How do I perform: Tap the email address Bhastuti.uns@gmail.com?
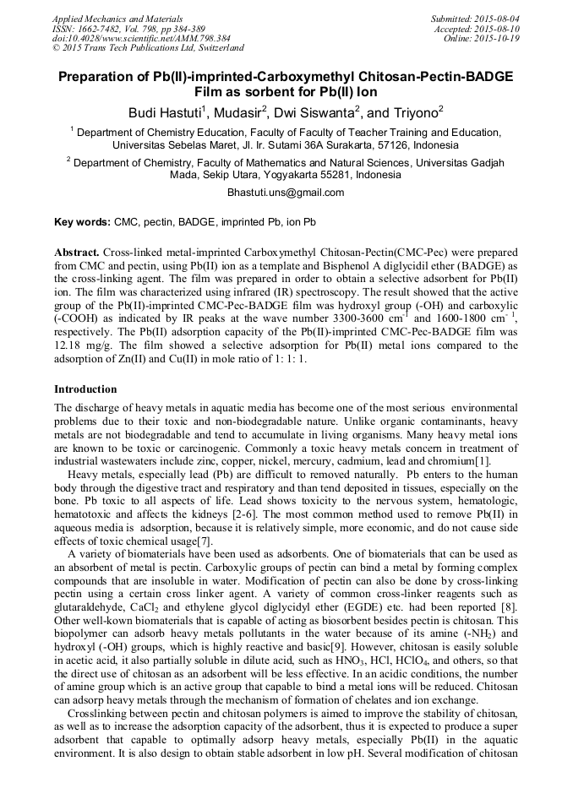(286, 193)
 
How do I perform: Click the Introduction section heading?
(85, 389)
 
